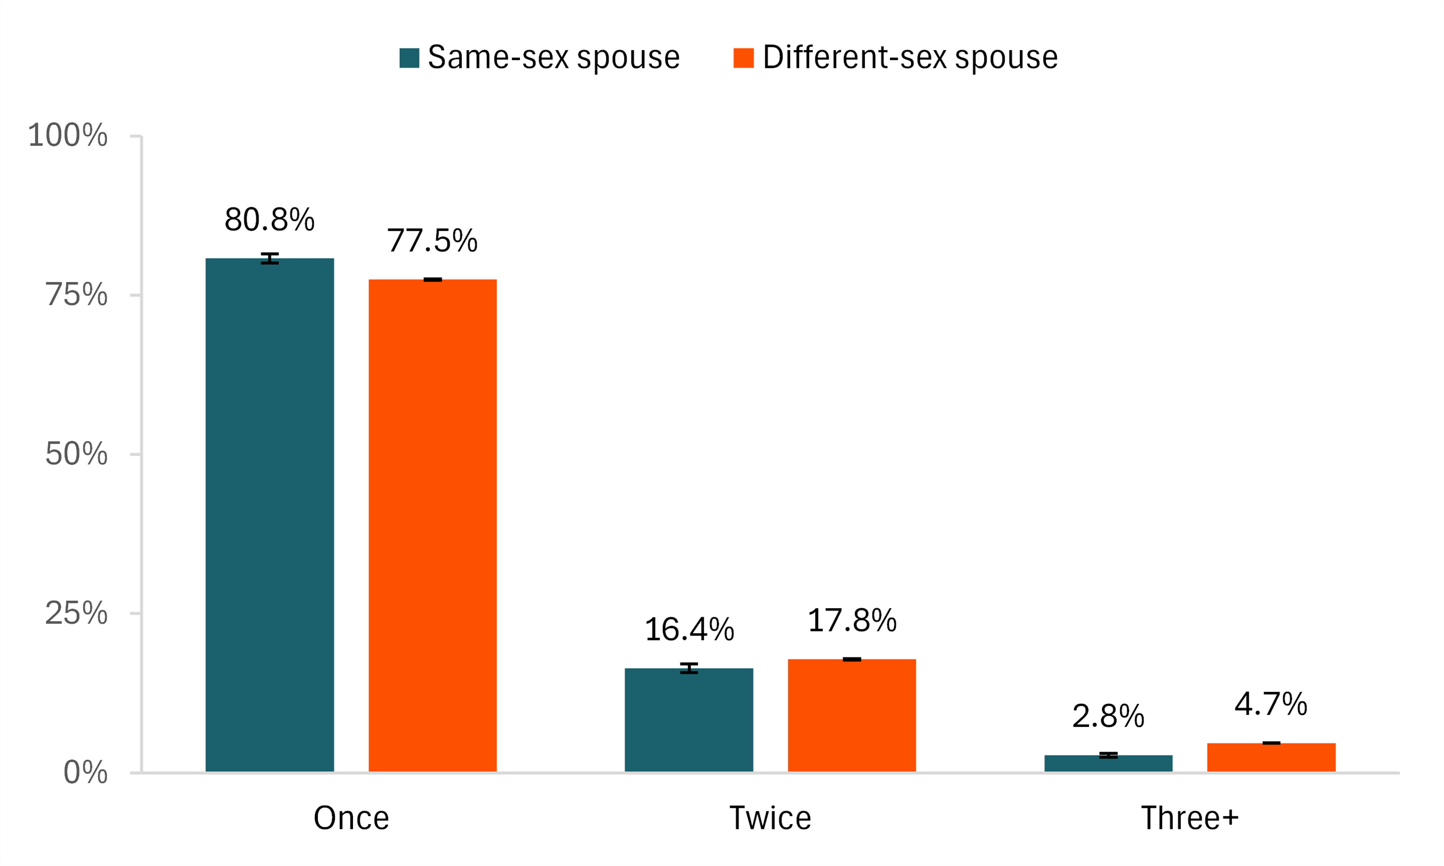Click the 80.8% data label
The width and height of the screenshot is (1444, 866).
tap(269, 219)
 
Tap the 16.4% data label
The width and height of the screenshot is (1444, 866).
tap(689, 630)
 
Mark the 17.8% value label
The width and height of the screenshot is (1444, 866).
tap(852, 620)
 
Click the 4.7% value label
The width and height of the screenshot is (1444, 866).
tap(1271, 704)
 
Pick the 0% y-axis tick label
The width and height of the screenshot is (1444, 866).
tap(85, 772)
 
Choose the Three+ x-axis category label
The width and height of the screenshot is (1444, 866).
tap(1189, 818)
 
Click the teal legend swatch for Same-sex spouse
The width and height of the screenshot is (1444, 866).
tap(409, 58)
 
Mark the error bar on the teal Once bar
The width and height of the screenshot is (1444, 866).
tap(269, 258)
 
